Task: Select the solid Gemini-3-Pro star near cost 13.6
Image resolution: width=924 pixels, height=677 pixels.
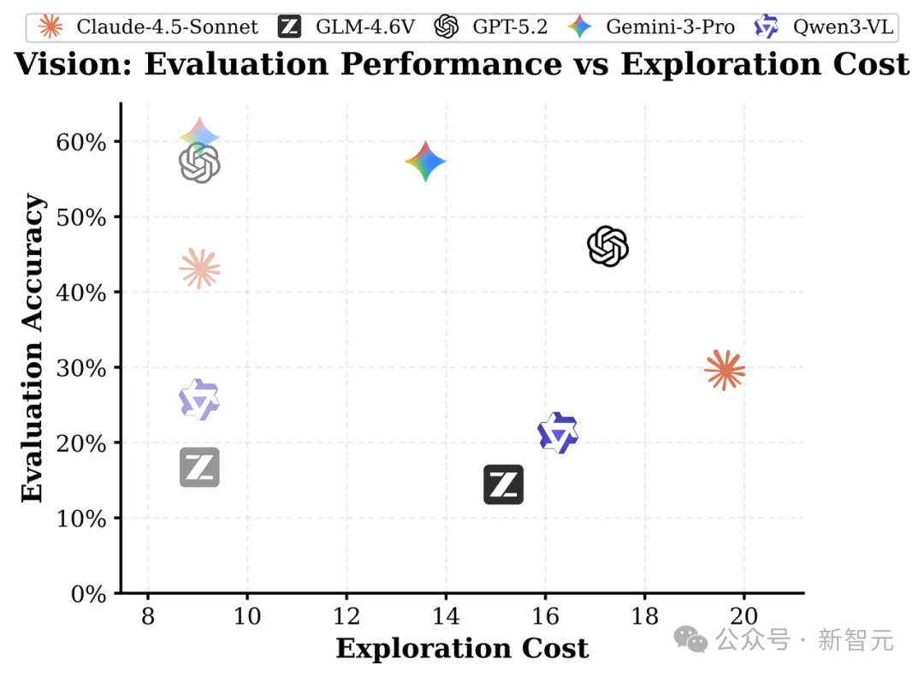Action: coord(425,162)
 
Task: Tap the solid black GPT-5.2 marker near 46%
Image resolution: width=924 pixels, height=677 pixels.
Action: coord(608,246)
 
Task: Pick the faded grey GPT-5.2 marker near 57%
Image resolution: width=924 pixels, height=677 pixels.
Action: coord(199,163)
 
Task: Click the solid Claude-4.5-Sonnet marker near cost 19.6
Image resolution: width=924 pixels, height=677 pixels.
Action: coord(725,371)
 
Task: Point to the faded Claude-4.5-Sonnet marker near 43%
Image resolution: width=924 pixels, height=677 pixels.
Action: coord(199,269)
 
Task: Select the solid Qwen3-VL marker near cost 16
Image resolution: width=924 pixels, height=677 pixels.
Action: coord(558,433)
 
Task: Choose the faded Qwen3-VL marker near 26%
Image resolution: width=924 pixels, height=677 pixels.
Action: coord(199,400)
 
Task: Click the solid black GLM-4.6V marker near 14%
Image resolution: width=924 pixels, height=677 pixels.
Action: coord(503,485)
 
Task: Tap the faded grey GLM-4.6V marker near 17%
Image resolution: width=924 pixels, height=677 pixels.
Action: coord(199,467)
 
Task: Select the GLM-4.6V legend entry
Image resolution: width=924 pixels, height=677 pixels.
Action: coord(347,27)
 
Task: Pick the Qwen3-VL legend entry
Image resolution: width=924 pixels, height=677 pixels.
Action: coord(826,27)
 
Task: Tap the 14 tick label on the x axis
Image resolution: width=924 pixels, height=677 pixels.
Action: coord(445,615)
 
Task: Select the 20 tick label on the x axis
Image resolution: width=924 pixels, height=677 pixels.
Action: coord(743,615)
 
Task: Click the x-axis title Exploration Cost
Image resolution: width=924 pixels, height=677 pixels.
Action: coord(462,648)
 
